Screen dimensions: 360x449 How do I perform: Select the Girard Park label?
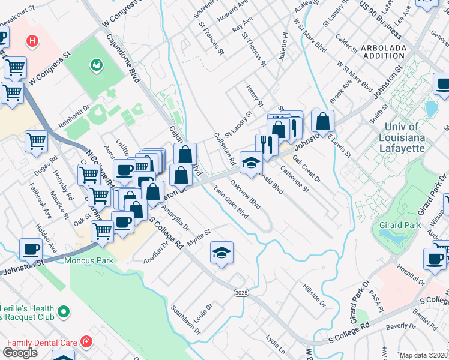(x=395, y=224)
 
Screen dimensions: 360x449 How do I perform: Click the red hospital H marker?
(x=32, y=41)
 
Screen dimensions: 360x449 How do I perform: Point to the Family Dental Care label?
(x=41, y=343)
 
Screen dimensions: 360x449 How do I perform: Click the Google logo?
(x=20, y=352)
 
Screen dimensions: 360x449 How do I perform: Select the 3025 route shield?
(x=239, y=291)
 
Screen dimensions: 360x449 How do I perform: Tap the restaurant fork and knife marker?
(x=266, y=145)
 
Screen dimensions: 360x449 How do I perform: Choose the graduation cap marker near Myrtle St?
(x=221, y=253)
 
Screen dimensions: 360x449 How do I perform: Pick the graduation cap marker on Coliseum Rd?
(x=251, y=163)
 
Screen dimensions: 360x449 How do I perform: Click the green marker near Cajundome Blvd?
(x=95, y=64)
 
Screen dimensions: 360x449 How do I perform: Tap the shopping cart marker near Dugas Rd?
(x=36, y=142)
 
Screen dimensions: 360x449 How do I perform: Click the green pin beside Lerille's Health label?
(x=64, y=312)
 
